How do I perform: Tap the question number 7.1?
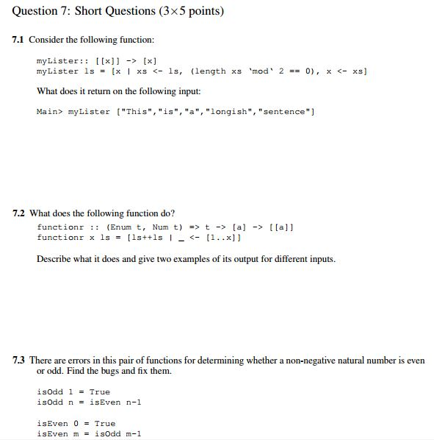pyautogui.click(x=18, y=40)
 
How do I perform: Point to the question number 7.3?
pyautogui.click(x=19, y=361)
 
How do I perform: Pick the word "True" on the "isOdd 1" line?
pyautogui.click(x=99, y=392)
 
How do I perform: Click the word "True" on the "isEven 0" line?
pyautogui.click(x=104, y=423)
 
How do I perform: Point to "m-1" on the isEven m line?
pyautogui.click(x=132, y=433)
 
